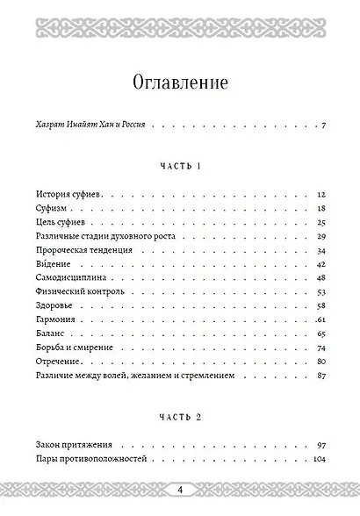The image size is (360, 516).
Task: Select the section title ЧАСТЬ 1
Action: (180, 165)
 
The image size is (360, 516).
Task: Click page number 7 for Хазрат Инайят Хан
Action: (324, 126)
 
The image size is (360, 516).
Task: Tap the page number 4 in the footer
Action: (179, 489)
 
